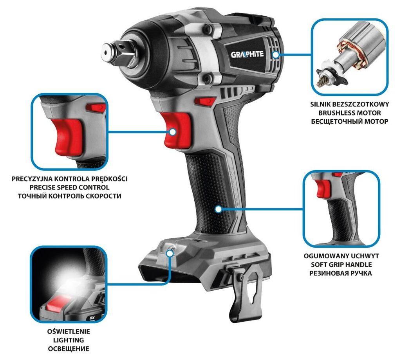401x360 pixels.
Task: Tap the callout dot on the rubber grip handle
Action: click(218, 209)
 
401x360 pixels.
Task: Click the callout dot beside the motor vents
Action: click(276, 55)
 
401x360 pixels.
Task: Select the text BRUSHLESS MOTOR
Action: click(349, 113)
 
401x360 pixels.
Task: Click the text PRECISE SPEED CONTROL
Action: click(70, 187)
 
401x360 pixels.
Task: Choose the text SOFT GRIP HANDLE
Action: click(341, 265)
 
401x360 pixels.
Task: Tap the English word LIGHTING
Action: click(69, 340)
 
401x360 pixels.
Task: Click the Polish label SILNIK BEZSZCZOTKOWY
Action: click(349, 104)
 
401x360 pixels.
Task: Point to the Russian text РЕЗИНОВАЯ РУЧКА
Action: click(341, 273)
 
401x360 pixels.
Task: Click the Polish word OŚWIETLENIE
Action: click(69, 332)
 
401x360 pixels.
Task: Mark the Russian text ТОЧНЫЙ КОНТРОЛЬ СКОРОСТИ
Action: click(70, 196)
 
